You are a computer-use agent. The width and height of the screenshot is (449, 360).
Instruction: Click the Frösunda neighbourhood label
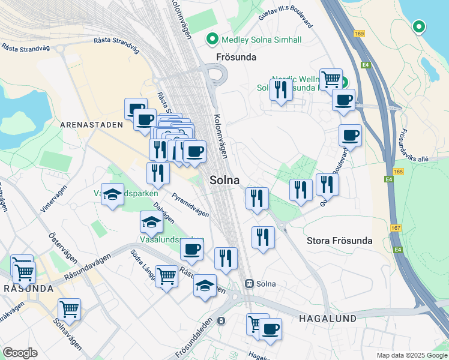tap(236, 58)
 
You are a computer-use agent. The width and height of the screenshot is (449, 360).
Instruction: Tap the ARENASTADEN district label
tap(91, 125)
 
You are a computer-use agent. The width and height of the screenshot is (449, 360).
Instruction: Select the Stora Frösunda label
tap(339, 241)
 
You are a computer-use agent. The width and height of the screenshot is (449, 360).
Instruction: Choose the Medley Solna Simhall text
tap(261, 40)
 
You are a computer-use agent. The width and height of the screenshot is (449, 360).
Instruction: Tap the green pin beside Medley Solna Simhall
tap(212, 40)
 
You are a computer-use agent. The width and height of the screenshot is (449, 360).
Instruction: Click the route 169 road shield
tap(360, 34)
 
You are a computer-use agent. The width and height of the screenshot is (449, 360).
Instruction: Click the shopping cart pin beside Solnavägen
tap(69, 310)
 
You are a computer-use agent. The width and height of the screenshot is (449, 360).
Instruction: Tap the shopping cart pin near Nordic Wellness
tap(330, 79)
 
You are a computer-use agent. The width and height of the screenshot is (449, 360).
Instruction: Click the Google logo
tap(20, 353)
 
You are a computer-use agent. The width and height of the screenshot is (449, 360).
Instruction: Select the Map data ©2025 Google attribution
tap(411, 355)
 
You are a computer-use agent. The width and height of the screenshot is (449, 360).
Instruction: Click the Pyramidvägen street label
tap(190, 204)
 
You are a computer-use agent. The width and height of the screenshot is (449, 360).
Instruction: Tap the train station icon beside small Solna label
tap(249, 284)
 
